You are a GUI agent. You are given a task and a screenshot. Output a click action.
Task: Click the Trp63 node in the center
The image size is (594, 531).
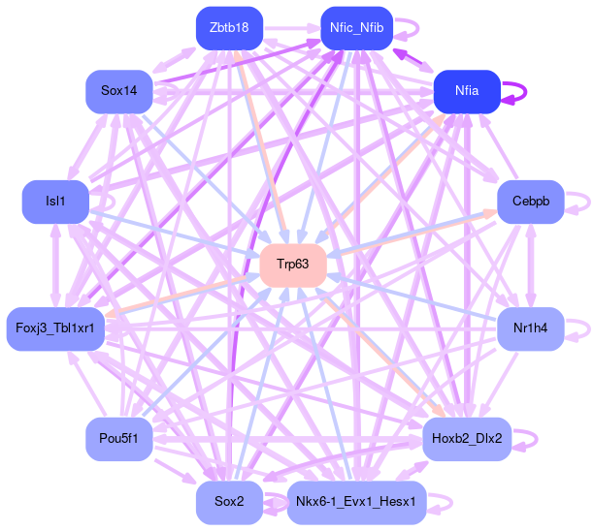292,265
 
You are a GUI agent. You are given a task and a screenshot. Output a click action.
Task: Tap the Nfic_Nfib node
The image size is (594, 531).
356,28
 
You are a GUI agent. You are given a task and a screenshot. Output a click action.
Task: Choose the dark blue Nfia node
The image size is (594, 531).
466,91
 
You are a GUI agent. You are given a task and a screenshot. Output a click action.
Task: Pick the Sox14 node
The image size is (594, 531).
118,91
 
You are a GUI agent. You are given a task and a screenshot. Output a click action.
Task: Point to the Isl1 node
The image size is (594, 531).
55,202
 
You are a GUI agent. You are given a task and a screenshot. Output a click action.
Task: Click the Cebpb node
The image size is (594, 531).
530,202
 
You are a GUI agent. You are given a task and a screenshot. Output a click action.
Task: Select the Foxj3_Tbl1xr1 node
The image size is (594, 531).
55,328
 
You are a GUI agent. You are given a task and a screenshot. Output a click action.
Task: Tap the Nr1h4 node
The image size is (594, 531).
530,328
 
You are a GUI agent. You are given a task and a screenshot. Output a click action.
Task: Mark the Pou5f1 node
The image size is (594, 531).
118,439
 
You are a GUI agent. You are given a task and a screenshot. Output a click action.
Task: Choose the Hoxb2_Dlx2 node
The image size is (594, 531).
466,439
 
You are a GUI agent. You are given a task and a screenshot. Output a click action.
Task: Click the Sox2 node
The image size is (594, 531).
229,502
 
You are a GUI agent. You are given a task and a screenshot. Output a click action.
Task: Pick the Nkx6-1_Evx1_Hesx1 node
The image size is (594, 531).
356,502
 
